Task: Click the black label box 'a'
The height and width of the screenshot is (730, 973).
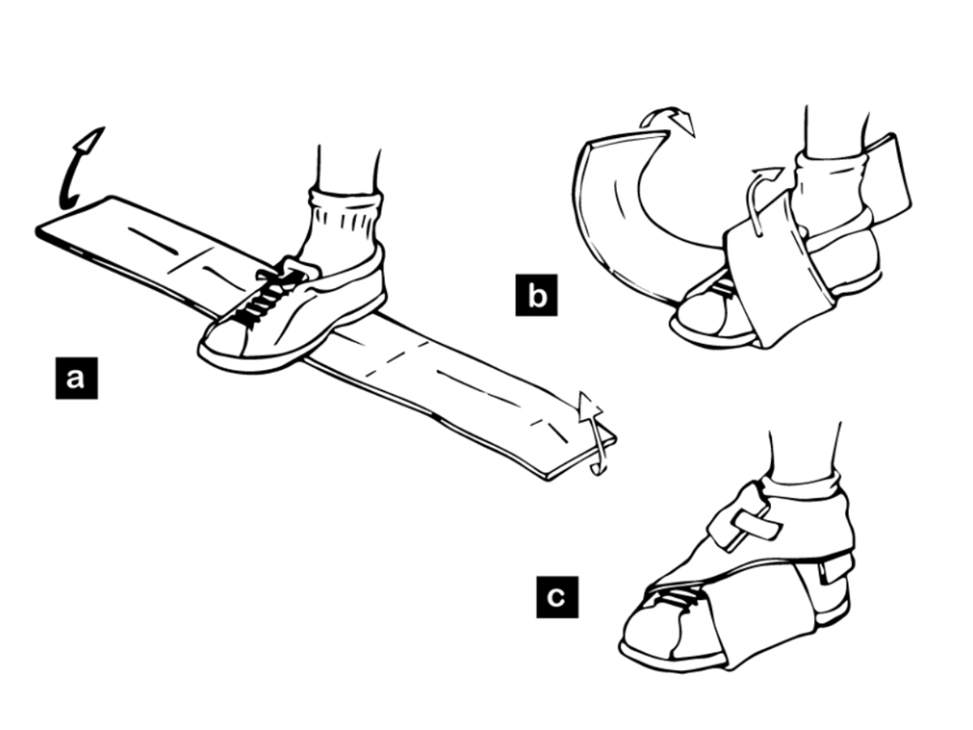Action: pyautogui.click(x=76, y=377)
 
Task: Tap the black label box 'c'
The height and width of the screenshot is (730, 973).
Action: pyautogui.click(x=557, y=597)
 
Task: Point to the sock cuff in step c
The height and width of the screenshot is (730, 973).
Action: pyautogui.click(x=803, y=484)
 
